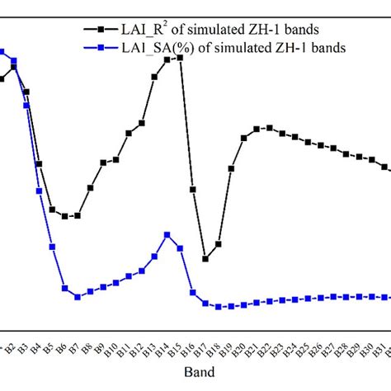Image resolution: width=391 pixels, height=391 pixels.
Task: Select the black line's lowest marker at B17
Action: click(x=205, y=259)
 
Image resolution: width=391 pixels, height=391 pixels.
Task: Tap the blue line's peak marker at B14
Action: click(x=167, y=235)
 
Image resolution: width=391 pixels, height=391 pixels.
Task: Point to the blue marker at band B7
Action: click(x=78, y=297)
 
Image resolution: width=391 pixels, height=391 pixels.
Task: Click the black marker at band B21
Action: click(x=257, y=129)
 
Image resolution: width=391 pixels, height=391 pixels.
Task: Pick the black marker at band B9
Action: click(x=103, y=163)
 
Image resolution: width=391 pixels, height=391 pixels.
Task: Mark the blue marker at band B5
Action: click(x=52, y=247)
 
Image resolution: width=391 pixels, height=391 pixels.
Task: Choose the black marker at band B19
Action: click(x=231, y=168)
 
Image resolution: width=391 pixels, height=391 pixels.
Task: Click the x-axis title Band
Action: click(x=195, y=372)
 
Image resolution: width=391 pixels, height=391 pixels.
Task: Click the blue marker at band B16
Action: click(x=193, y=292)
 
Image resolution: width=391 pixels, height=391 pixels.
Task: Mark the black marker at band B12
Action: click(x=142, y=123)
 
